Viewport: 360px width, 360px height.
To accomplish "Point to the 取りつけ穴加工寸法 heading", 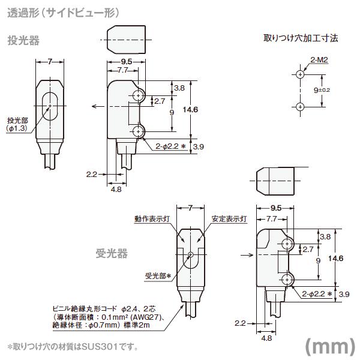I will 301,38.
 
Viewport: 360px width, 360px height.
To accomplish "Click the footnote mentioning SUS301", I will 73,347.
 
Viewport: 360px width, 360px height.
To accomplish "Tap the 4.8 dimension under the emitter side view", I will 116,188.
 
